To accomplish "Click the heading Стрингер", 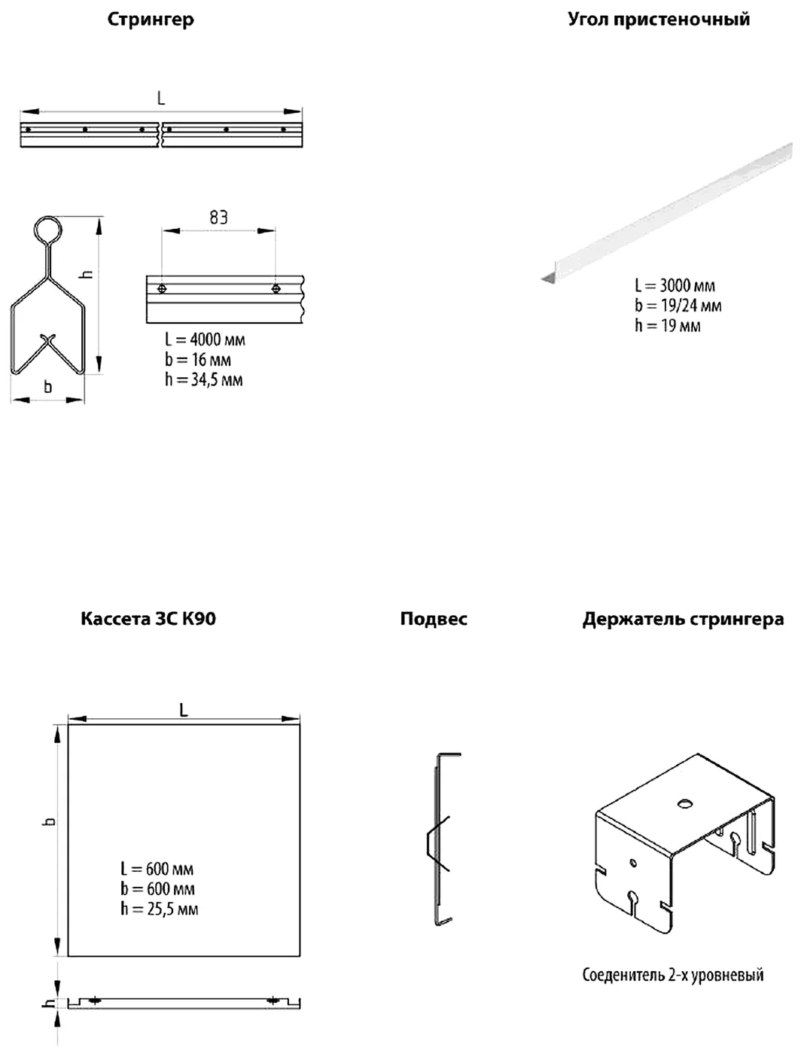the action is coord(151,20).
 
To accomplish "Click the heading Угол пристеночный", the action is coord(659,20).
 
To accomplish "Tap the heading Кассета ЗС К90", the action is coord(148,619).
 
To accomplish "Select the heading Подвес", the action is coord(434,619).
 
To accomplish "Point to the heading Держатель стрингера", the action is coord(683,620).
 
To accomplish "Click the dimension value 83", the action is coord(218,218).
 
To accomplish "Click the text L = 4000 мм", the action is coord(205,340).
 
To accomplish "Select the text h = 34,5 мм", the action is coord(204,380).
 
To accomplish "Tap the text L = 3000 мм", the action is coord(675,285).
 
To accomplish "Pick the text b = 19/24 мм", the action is coord(678,306).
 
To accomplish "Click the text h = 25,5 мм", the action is coord(160,909).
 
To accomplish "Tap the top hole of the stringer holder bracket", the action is coord(685,803).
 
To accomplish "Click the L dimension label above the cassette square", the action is coord(184,710).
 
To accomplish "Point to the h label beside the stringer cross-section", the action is coord(87,274).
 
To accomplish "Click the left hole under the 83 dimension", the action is coord(162,288).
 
